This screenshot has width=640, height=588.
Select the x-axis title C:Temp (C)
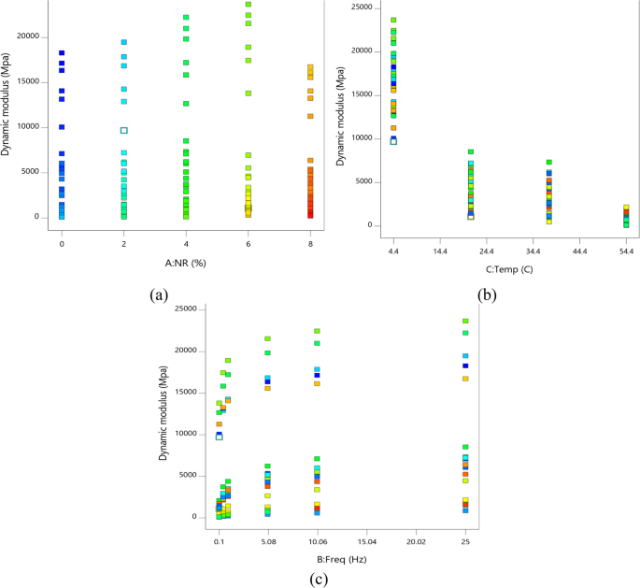click(x=509, y=269)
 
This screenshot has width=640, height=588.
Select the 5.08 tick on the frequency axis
click(x=268, y=539)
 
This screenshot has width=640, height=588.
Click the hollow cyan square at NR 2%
click(x=123, y=131)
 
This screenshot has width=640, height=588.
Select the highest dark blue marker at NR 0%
click(x=62, y=53)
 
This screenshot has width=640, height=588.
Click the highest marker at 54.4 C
click(x=626, y=208)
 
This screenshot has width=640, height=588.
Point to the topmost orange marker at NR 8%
click(x=310, y=67)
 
